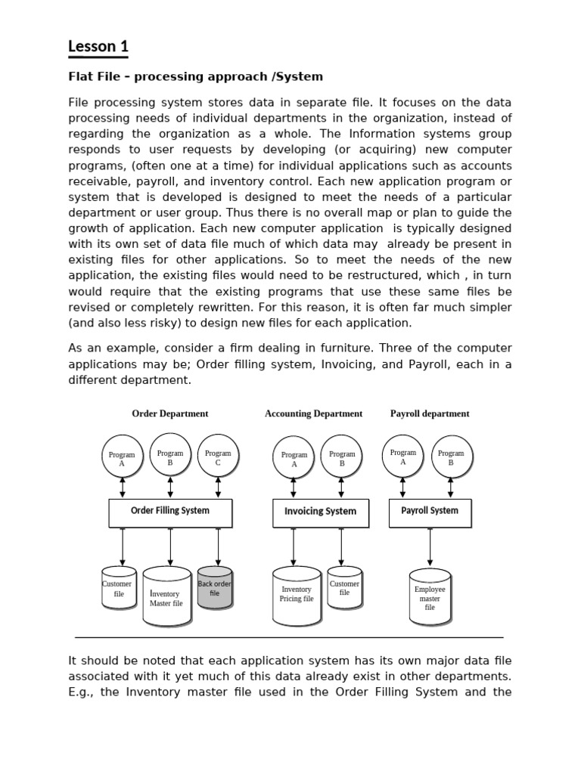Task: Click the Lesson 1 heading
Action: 98,47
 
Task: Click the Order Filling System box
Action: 170,512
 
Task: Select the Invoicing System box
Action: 321,512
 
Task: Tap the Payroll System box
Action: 430,512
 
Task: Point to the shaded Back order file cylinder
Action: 215,588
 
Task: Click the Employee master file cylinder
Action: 430,596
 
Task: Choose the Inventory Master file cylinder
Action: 166,597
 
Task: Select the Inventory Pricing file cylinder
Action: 297,596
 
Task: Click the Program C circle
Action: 218,456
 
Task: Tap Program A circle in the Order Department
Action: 122,457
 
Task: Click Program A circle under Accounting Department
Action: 294,457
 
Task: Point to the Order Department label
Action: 170,413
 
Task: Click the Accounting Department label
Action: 313,413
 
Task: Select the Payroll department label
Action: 430,413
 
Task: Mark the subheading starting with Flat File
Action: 196,76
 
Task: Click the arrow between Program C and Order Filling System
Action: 218,488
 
